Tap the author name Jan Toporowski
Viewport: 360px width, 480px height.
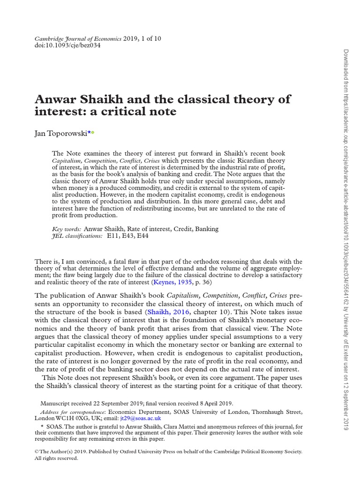(61, 133)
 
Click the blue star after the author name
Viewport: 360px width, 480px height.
(89, 133)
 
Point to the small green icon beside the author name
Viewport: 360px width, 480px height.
(93, 133)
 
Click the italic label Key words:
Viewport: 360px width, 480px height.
(67, 229)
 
